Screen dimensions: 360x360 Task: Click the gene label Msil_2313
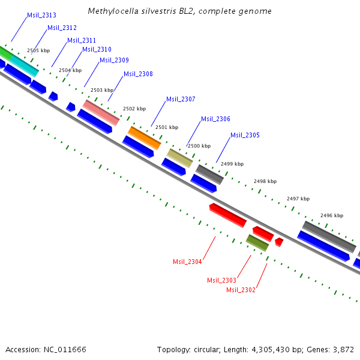[42, 15]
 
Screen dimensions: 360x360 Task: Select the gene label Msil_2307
[181, 99]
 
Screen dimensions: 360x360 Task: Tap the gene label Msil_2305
[245, 135]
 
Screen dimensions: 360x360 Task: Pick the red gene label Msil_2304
[187, 262]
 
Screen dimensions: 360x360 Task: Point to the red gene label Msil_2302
[241, 290]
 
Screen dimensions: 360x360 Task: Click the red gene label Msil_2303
[221, 280]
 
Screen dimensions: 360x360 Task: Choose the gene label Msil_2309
[114, 60]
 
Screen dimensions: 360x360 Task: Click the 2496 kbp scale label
[331, 215]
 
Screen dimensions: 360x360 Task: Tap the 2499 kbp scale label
[232, 164]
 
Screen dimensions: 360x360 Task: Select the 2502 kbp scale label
[134, 109]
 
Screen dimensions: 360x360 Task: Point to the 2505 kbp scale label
[38, 50]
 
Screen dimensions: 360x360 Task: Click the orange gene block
[145, 137]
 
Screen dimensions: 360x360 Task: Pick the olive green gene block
[257, 242]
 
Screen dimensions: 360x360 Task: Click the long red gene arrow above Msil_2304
[227, 215]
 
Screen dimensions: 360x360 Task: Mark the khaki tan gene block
[179, 158]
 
